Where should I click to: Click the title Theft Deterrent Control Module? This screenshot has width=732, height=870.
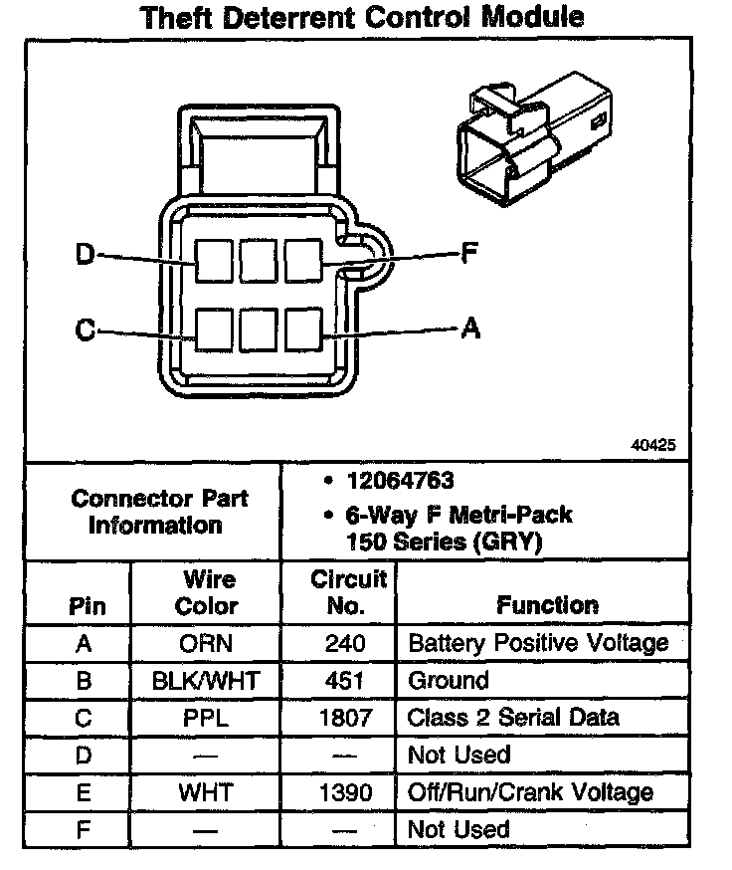pos(361,17)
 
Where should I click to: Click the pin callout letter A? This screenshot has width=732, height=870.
pos(470,327)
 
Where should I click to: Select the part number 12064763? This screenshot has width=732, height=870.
pos(400,481)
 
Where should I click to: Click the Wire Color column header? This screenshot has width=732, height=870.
pos(207,592)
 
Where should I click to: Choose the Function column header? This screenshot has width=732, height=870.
pos(547,605)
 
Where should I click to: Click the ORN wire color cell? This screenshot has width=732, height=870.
pos(207,643)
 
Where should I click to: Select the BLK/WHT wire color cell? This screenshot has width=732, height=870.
pos(207,681)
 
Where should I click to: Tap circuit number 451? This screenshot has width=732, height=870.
pos(345,681)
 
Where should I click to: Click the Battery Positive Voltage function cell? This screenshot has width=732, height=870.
pos(538,643)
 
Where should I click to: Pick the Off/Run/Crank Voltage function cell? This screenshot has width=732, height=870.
pos(531,792)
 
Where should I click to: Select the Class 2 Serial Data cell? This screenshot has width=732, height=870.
pos(513,718)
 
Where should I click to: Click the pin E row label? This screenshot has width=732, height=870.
pos(85,792)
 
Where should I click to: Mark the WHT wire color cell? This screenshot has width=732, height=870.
pos(207,792)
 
